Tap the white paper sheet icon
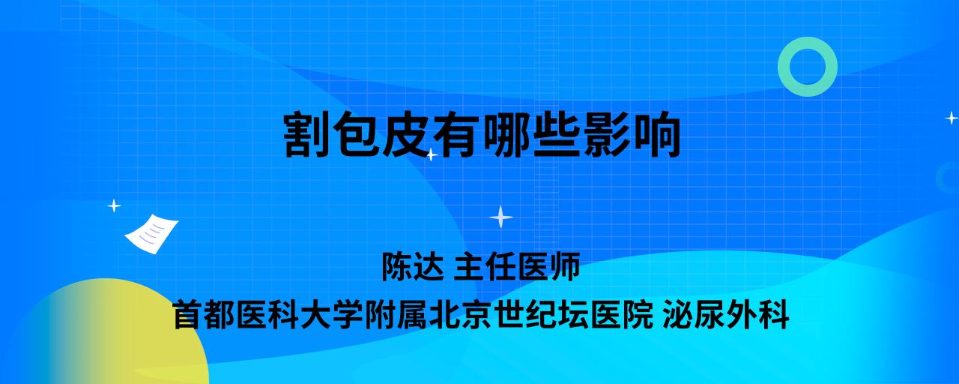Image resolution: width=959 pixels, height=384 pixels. tap(151, 233)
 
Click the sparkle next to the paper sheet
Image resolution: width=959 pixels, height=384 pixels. tap(114, 206)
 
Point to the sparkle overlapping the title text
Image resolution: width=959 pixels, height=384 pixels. tap(431, 154)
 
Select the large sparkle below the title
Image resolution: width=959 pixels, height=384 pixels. tap(501, 217)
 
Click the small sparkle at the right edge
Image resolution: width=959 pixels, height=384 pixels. tap(952, 118)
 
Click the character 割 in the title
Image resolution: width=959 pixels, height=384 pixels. tap(306, 134)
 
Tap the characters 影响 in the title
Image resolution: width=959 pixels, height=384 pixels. tap(631, 134)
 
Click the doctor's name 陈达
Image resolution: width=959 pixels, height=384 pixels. tap(413, 266)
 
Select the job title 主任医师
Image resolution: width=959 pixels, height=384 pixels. tap(517, 266)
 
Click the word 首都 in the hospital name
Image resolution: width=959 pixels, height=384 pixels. tap(203, 315)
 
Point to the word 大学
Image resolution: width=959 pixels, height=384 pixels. tap(331, 315)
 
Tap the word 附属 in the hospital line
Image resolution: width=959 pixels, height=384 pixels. tap(395, 315)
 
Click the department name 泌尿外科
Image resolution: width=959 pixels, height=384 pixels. tap(726, 315)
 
